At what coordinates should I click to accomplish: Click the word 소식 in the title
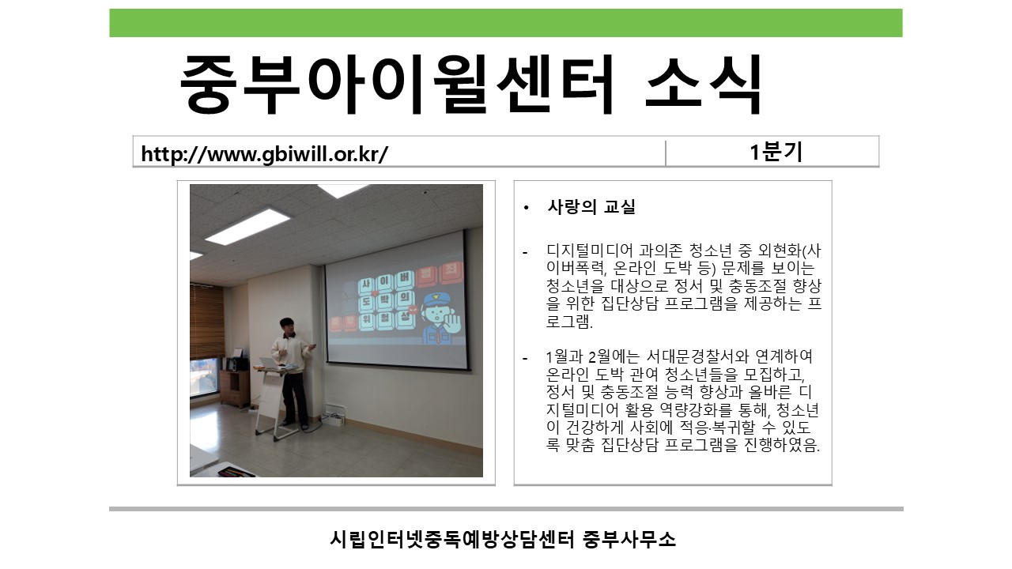pos(704,84)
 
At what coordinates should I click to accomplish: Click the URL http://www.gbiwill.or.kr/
pos(264,153)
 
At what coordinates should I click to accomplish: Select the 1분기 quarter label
pos(776,152)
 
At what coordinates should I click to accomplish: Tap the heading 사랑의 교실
pos(591,207)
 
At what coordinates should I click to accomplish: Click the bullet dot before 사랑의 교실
pos(526,208)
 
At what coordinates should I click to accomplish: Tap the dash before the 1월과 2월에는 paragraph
pos(525,359)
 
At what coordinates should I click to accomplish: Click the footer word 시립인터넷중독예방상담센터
pos(451,539)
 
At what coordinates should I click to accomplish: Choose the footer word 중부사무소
pos(629,539)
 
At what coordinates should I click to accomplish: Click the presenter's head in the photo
pos(287,325)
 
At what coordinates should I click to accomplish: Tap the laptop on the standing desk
pos(270,363)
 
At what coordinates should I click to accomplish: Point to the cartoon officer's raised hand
pos(453,322)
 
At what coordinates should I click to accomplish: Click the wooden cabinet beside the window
pos(234,387)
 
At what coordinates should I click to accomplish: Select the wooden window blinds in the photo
pos(207,321)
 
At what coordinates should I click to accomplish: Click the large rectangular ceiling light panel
pos(247,225)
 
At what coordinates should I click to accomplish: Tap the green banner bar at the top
pos(506,23)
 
